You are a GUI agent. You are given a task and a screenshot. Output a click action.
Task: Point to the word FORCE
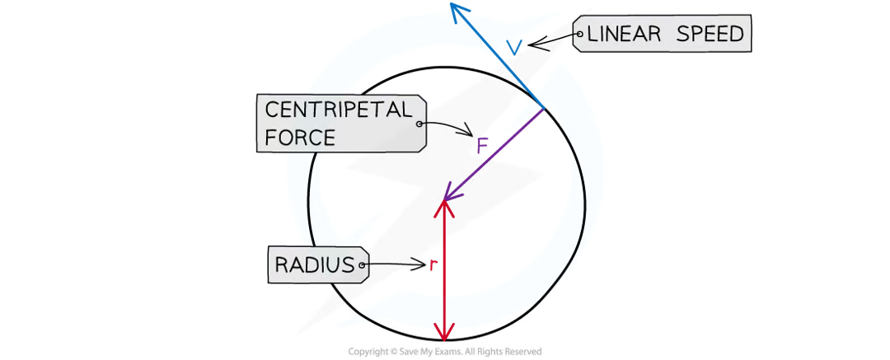click(x=300, y=136)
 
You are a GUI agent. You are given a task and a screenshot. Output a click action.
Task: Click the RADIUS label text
click(x=312, y=265)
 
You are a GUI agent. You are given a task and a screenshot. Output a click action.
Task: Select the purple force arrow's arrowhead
click(x=446, y=196)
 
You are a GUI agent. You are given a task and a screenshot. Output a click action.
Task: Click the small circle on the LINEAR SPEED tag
click(x=581, y=35)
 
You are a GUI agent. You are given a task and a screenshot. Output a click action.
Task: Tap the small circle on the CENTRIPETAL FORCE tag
click(x=419, y=124)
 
